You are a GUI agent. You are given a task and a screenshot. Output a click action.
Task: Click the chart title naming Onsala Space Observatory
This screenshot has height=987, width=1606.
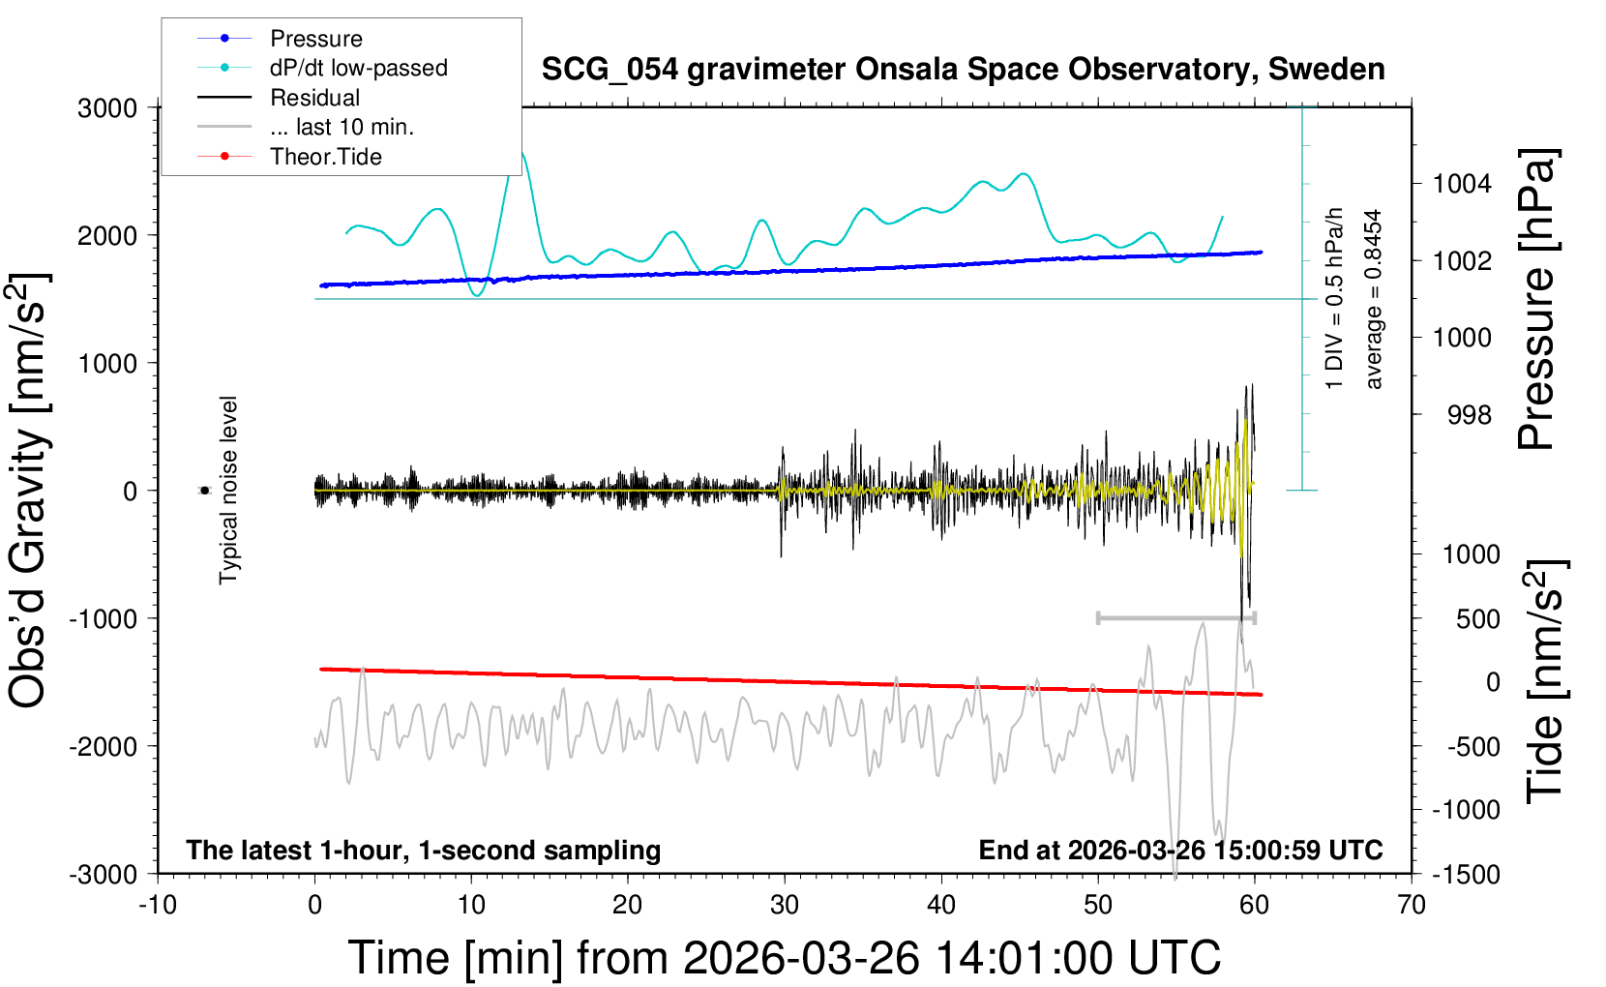pyautogui.click(x=963, y=70)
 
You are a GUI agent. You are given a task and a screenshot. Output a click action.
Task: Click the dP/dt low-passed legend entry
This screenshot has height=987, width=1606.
pyautogui.click(x=358, y=68)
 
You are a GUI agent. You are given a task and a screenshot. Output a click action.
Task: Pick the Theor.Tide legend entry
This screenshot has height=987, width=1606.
pyautogui.click(x=325, y=157)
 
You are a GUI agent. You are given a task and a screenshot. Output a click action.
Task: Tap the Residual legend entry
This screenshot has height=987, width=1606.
pyautogui.click(x=314, y=98)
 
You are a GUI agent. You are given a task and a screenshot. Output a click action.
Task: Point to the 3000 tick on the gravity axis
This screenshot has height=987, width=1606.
pyautogui.click(x=107, y=107)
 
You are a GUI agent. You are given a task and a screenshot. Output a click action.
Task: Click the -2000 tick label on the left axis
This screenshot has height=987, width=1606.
pyautogui.click(x=104, y=746)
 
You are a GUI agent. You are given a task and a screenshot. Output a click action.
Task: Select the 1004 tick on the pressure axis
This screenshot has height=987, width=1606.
pyautogui.click(x=1462, y=183)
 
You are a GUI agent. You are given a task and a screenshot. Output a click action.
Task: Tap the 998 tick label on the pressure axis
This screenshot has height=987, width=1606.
pyautogui.click(x=1470, y=415)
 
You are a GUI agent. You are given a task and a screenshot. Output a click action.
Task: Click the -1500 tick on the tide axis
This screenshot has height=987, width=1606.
pyautogui.click(x=1466, y=874)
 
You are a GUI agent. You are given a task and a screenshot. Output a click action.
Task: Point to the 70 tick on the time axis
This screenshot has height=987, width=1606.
pyautogui.click(x=1412, y=906)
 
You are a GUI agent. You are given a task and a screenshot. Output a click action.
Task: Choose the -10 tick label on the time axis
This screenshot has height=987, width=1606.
pyautogui.click(x=158, y=906)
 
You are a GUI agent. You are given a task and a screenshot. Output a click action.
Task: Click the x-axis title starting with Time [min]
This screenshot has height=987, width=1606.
pyautogui.click(x=784, y=958)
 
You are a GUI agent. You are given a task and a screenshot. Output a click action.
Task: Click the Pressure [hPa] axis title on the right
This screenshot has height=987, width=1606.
pyautogui.click(x=1536, y=299)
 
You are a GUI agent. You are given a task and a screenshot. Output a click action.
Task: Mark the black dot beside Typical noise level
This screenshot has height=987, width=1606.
pyautogui.click(x=204, y=491)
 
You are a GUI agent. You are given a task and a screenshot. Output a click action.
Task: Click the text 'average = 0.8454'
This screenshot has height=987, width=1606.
pyautogui.click(x=1374, y=299)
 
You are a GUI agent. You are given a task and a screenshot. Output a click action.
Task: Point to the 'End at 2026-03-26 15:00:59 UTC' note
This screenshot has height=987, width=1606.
pyautogui.click(x=1180, y=850)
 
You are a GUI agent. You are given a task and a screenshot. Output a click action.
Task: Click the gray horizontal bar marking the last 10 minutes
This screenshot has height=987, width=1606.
pyautogui.click(x=1175, y=617)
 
